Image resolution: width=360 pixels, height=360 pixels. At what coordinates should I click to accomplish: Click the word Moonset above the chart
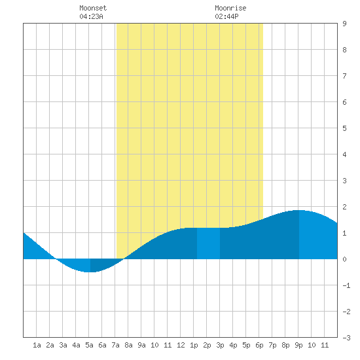[x=93, y=8]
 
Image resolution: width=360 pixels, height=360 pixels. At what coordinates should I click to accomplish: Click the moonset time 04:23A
[x=91, y=16]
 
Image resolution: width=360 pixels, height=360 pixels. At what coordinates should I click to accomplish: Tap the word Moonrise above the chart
[x=230, y=8]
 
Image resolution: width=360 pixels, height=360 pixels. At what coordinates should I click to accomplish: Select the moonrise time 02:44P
[x=226, y=16]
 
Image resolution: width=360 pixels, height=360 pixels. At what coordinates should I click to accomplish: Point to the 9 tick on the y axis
[x=344, y=24]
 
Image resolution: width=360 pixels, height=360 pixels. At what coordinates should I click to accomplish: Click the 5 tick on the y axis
[x=344, y=128]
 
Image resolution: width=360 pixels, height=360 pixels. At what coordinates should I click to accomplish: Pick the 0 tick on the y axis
[x=344, y=259]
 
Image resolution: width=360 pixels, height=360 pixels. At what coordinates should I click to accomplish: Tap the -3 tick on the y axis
[x=346, y=338]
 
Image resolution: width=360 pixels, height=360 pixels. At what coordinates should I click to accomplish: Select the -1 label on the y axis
[x=346, y=285]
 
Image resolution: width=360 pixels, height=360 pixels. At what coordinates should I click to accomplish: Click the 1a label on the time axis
[x=37, y=345]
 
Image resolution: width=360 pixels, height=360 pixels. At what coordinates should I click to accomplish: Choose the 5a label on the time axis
[x=89, y=345]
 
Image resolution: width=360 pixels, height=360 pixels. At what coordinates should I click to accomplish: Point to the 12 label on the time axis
[x=181, y=345]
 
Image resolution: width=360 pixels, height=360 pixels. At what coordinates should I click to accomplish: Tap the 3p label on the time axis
[x=220, y=345]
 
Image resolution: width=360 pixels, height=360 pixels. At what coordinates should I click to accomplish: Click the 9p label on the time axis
[x=298, y=345]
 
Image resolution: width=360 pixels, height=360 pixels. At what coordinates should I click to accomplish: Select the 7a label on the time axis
[x=115, y=345]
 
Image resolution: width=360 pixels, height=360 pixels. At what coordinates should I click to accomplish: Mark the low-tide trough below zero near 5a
[x=90, y=272]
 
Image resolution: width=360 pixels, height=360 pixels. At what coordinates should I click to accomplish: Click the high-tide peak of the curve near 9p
[x=298, y=210]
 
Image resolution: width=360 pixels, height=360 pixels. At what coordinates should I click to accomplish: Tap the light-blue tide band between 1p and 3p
[x=208, y=243]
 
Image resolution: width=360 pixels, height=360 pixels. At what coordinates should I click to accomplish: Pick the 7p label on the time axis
[x=272, y=345]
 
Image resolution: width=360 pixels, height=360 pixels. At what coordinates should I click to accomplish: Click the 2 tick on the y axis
[x=344, y=207]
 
